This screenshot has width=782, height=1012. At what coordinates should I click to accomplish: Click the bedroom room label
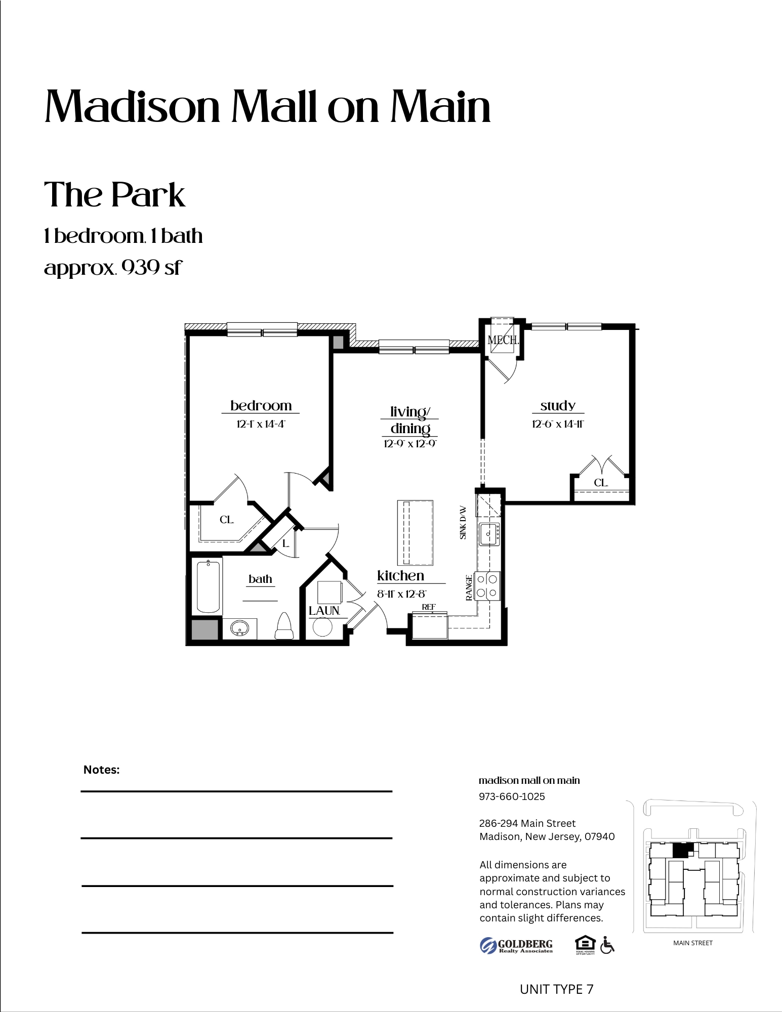click(261, 406)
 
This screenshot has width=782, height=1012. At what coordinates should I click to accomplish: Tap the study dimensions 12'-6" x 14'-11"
click(558, 424)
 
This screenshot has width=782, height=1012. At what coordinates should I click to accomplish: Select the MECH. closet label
click(503, 340)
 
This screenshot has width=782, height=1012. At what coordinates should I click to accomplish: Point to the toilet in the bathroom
click(284, 627)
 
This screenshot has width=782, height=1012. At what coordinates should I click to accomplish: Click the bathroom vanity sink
click(239, 628)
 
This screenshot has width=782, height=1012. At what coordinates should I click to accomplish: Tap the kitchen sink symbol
click(489, 534)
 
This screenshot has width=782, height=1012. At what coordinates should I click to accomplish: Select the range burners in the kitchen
click(487, 586)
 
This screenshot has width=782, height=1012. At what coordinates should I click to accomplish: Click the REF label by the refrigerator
click(429, 607)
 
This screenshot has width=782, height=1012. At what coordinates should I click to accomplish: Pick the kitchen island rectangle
click(415, 532)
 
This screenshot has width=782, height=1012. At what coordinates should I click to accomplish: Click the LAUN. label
click(324, 611)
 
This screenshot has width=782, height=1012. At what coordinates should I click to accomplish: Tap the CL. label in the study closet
click(601, 483)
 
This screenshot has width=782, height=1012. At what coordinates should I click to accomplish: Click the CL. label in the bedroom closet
click(226, 520)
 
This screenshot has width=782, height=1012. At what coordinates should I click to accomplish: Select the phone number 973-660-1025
click(512, 796)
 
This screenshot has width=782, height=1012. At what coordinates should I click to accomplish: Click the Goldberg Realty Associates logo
click(516, 945)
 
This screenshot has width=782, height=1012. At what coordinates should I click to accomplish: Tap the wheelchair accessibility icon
click(607, 945)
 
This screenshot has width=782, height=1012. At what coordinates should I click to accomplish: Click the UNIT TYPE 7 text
click(556, 989)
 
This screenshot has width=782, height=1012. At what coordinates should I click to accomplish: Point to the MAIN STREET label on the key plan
click(692, 943)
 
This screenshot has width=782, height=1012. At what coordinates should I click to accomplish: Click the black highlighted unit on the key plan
click(681, 850)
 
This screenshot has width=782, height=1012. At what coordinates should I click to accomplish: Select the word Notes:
click(101, 770)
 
